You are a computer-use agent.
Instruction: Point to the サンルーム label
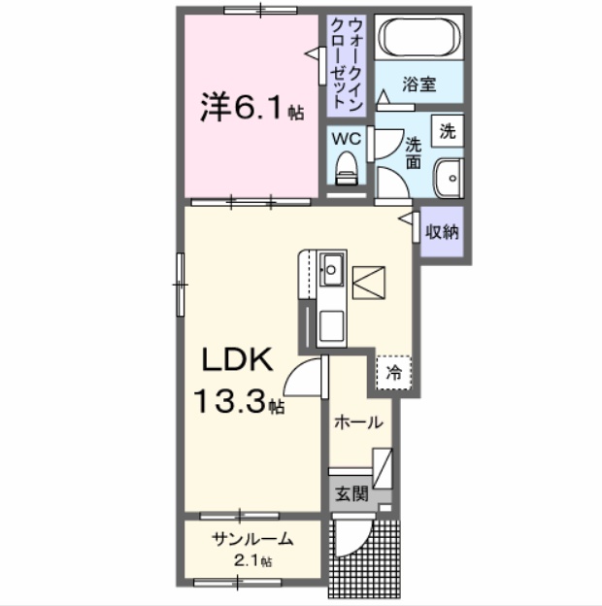(x=251, y=541)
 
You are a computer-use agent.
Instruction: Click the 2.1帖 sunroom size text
(x=251, y=560)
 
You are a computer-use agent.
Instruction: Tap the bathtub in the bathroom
(x=418, y=40)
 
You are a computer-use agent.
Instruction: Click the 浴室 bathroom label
(x=419, y=85)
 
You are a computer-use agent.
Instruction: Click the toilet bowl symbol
(x=346, y=172)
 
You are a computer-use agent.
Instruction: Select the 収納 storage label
(x=444, y=232)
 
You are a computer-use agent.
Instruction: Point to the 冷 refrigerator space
(x=394, y=371)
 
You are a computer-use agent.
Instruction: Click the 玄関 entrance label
(x=351, y=492)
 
